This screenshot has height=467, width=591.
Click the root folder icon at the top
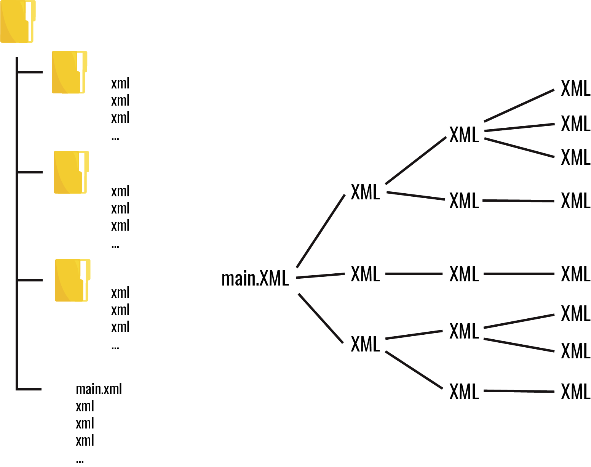[x=18, y=21]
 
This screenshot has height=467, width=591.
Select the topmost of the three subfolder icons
[x=69, y=72]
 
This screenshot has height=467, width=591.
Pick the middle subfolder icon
[x=71, y=172]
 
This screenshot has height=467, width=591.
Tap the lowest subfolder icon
[x=72, y=280]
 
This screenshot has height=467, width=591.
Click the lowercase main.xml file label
[x=99, y=389]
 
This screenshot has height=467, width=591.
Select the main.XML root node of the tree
[x=255, y=278]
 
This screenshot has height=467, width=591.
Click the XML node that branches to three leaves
[x=464, y=135]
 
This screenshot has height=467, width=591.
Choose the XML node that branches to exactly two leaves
[x=464, y=331]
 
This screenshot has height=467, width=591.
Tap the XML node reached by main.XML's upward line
[x=365, y=192]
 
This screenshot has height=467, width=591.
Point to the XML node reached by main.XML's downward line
[x=365, y=344]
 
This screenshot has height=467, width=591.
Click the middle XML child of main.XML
[x=365, y=274]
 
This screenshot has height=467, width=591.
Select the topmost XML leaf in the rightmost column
[x=575, y=88]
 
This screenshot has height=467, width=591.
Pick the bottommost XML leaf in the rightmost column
[x=575, y=392]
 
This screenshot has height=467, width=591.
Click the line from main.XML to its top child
[x=321, y=231]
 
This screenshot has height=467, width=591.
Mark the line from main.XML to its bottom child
[x=321, y=318]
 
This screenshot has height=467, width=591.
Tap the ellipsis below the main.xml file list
[x=80, y=461]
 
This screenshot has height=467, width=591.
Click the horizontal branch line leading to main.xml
[x=29, y=389]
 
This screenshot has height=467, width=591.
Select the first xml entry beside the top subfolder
[x=120, y=83]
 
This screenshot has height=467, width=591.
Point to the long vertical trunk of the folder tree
[x=17, y=229]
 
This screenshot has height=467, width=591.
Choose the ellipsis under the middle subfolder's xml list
[x=115, y=246]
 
